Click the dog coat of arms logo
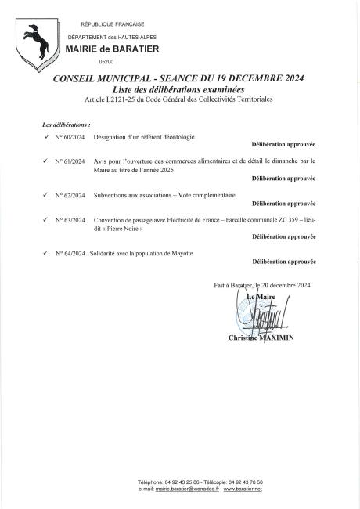pyautogui.click(x=33, y=42)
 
